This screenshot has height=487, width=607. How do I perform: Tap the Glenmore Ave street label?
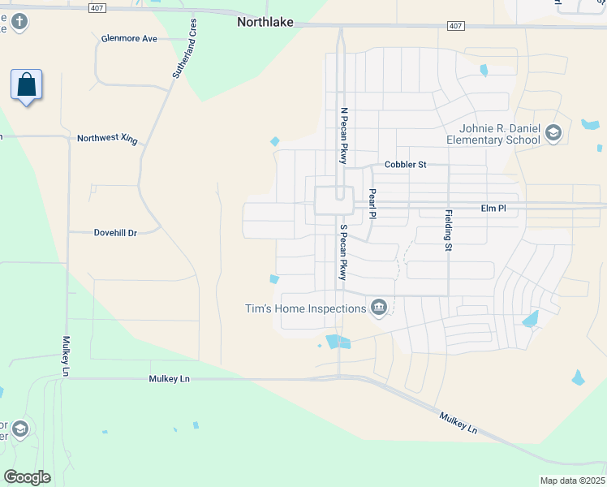(x=130, y=38)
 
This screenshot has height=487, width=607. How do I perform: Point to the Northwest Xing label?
(x=107, y=138)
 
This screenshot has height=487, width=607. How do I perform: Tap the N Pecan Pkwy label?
(x=344, y=136)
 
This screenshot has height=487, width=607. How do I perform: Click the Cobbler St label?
(x=405, y=165)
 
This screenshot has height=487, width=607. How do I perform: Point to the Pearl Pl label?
(x=372, y=204)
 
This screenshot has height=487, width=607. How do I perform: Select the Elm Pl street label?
(x=493, y=209)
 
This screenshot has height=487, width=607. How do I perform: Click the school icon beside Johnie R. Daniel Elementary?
(x=553, y=134)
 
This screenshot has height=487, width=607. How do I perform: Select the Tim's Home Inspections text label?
(x=305, y=308)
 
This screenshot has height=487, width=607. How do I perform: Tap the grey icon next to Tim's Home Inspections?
(x=378, y=308)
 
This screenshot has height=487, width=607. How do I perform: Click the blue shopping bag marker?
(x=26, y=84)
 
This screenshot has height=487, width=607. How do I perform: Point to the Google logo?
(x=28, y=476)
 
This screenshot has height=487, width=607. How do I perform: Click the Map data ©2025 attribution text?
(x=572, y=481)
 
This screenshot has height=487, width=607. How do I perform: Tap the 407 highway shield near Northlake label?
(x=454, y=27)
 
